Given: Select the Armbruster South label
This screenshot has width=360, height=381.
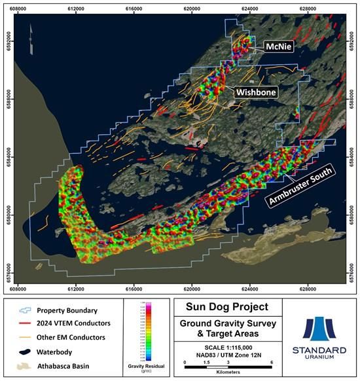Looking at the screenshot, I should point(299,187).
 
